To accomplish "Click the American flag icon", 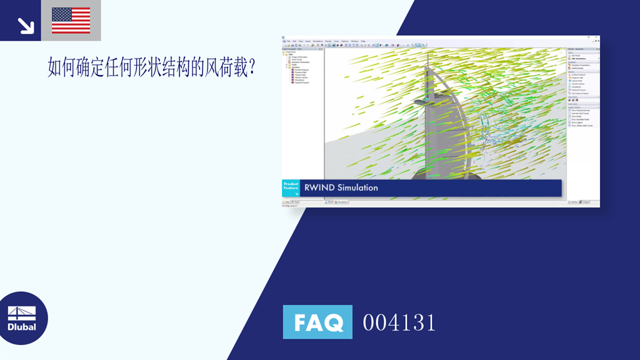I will coord(71,20).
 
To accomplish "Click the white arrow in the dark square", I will coord(25,24).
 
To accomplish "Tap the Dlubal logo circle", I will coord(22,318).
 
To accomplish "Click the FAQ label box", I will coord(317,322).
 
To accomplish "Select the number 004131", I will coord(399,322).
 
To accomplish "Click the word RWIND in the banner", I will coord(319,187).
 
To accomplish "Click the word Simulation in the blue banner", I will coord(357,187).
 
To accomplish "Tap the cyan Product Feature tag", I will coord(291,187).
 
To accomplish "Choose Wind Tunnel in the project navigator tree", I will coord(297,59).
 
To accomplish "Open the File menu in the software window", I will coord(288,41).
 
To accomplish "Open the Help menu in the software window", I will coord(363,41).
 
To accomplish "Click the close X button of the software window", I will coord(597,37).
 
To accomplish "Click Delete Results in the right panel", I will coord(579,69).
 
